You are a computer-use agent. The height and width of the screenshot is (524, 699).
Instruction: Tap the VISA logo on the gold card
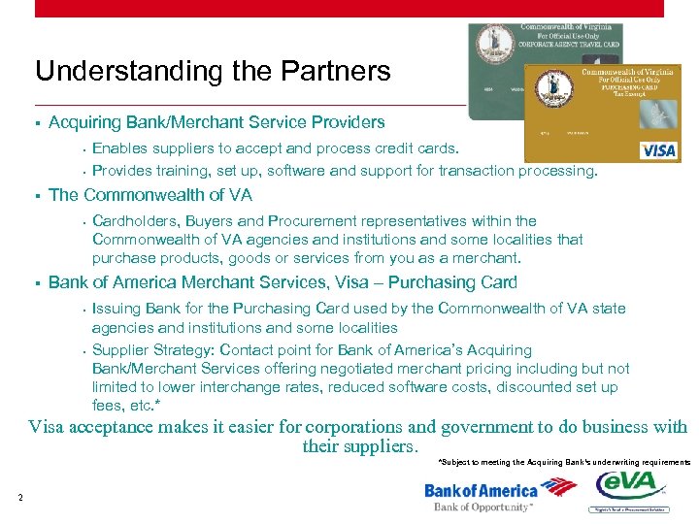point(658,150)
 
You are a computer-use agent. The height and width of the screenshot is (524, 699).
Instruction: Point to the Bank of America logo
point(482,491)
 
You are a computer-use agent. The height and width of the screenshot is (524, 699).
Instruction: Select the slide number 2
point(19,498)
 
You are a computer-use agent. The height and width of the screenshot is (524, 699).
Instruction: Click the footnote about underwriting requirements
point(564,463)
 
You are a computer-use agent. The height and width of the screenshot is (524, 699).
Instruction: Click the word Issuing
point(116,309)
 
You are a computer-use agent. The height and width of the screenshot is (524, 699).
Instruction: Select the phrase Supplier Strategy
point(153,350)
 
